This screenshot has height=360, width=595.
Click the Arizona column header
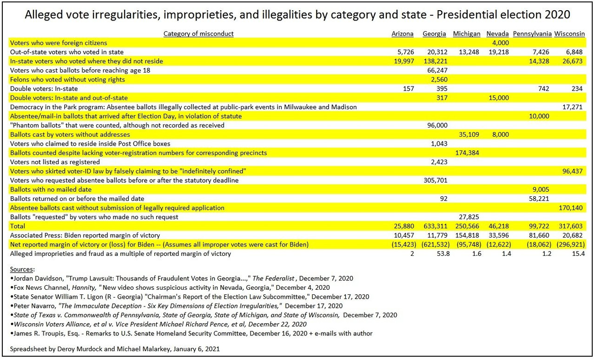tap(402, 34)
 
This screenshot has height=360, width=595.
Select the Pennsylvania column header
tap(532, 34)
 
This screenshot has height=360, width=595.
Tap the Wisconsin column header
tap(569, 34)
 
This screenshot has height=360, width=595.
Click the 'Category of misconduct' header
tap(198, 34)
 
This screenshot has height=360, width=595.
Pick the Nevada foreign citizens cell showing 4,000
tap(501, 43)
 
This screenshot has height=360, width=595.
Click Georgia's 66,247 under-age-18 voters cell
tap(437, 70)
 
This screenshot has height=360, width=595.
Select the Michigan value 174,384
tap(467, 153)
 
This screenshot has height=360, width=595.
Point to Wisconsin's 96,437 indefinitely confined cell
tap(572, 171)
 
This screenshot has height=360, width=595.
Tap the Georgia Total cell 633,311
tap(436, 226)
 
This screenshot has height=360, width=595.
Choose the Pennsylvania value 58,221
tap(539, 199)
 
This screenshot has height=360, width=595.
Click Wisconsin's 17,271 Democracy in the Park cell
tap(572, 107)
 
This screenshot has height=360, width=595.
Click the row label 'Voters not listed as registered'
tap(55, 162)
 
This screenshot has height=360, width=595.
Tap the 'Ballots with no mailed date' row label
tap(51, 190)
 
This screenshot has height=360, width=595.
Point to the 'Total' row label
tap(18, 226)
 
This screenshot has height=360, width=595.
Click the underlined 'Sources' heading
tap(21, 269)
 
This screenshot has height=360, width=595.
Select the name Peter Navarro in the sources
tap(34, 306)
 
